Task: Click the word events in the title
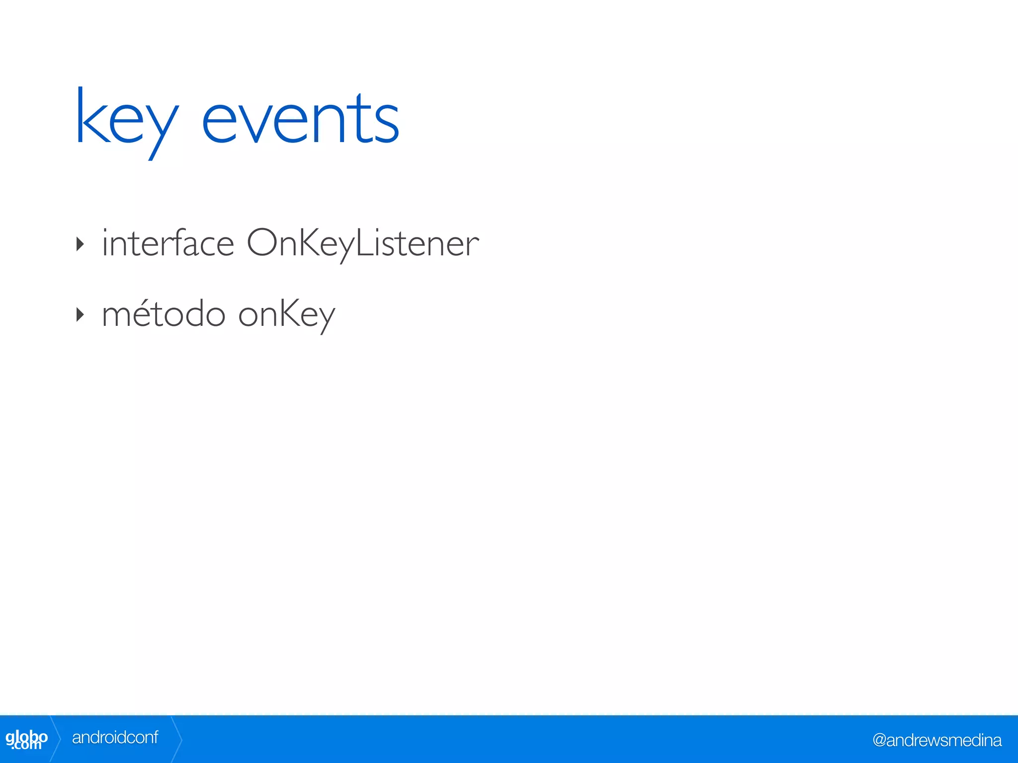click(300, 120)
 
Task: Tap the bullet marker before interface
click(80, 244)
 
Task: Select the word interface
click(168, 243)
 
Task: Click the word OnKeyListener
click(363, 243)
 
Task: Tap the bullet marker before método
click(80, 314)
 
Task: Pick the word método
click(164, 314)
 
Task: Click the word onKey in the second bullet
click(287, 314)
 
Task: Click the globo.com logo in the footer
click(26, 739)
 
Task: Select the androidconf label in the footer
click(115, 738)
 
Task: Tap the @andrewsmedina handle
click(937, 740)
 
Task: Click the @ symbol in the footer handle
click(879, 740)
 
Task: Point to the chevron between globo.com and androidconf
click(56, 739)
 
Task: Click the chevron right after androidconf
click(176, 739)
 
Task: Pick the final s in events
click(387, 127)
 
